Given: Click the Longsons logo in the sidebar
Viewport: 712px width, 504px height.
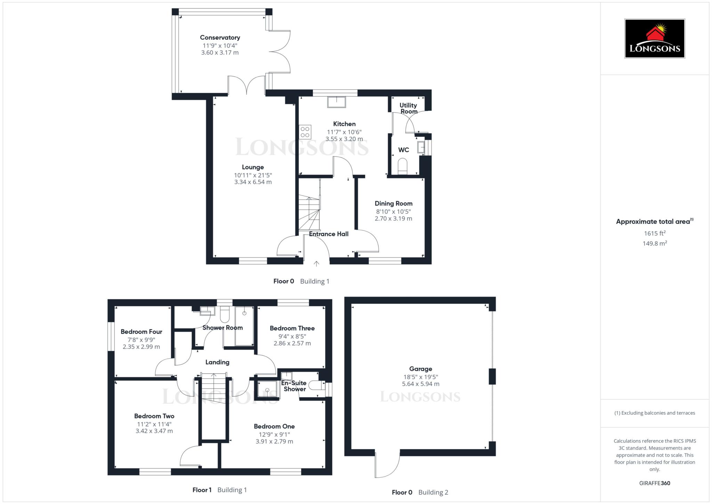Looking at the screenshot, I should [654, 38].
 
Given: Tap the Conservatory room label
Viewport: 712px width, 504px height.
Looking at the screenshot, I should [220, 38].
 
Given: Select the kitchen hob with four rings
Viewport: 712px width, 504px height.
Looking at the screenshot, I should [305, 132].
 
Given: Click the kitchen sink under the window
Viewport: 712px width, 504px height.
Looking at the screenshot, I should [337, 102].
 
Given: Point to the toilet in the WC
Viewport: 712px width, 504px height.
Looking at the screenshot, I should [402, 166].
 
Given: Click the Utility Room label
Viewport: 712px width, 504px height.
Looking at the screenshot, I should [408, 108].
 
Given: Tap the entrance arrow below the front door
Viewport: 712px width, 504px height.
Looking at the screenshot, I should [316, 264].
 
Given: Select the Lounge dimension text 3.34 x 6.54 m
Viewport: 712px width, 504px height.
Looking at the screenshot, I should [253, 182].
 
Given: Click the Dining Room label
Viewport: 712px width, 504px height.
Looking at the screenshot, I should [393, 203].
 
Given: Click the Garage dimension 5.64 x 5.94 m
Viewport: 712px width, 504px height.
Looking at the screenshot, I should [420, 384].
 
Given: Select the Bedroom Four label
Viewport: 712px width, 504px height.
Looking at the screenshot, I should [141, 331].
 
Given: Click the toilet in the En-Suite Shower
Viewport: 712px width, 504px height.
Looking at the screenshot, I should [315, 385].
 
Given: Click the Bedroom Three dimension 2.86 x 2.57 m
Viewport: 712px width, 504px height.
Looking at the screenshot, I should [292, 343].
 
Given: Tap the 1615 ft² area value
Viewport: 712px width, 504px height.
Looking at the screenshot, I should [654, 233].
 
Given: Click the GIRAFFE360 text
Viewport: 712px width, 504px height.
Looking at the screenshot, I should [654, 483].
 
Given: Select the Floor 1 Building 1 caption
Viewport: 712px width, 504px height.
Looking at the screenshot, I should [219, 490].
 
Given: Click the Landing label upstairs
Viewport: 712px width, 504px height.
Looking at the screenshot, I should [217, 362].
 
